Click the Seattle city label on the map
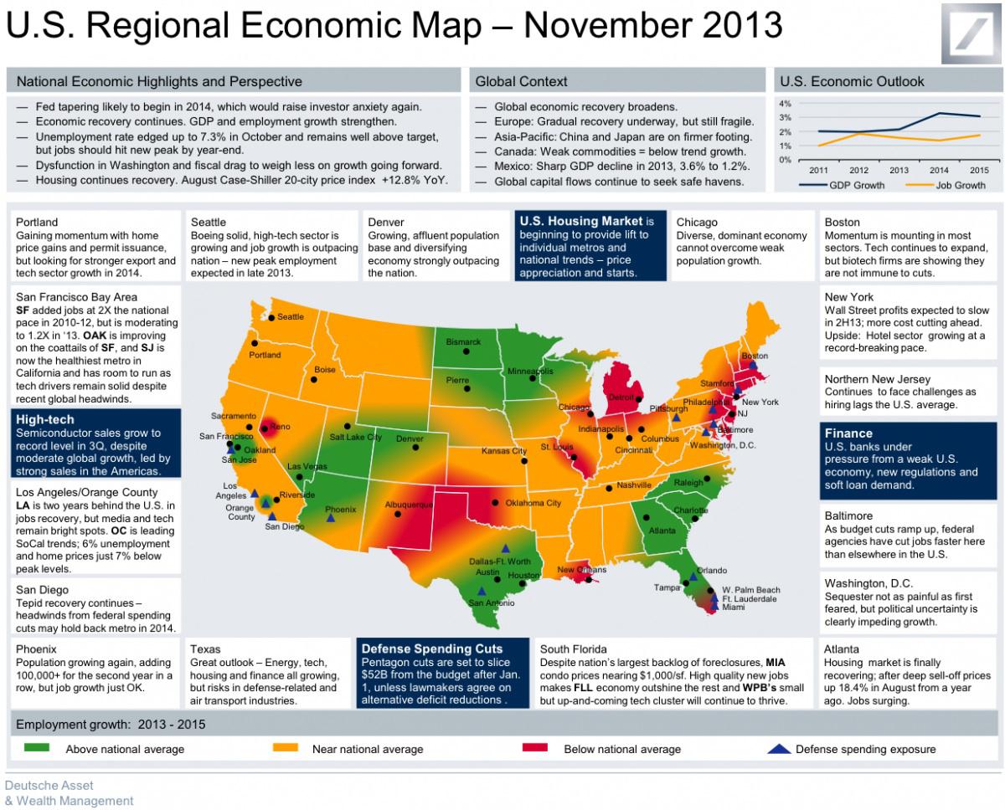pyautogui.click(x=291, y=317)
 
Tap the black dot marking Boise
pyautogui.click(x=314, y=379)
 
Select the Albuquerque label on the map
pyautogui.click(x=409, y=505)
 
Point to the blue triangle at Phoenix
pyautogui.click(x=331, y=519)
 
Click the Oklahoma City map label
pyautogui.click(x=533, y=503)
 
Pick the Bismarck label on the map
pyautogui.click(x=463, y=342)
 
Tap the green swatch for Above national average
pyautogui.click(x=38, y=747)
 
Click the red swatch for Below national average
pyautogui.click(x=534, y=747)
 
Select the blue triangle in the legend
pyautogui.click(x=779, y=748)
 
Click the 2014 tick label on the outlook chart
pyautogui.click(x=940, y=170)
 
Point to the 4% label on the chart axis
pyautogui.click(x=785, y=104)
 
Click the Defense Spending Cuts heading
pyautogui.click(x=432, y=649)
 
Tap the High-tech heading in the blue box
pyautogui.click(x=44, y=419)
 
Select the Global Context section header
pyautogui.click(x=521, y=81)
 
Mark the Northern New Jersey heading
pyautogui.click(x=877, y=378)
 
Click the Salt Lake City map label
pyautogui.click(x=355, y=437)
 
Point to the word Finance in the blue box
pyautogui.click(x=848, y=433)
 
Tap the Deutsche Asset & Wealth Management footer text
pyautogui.click(x=69, y=792)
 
